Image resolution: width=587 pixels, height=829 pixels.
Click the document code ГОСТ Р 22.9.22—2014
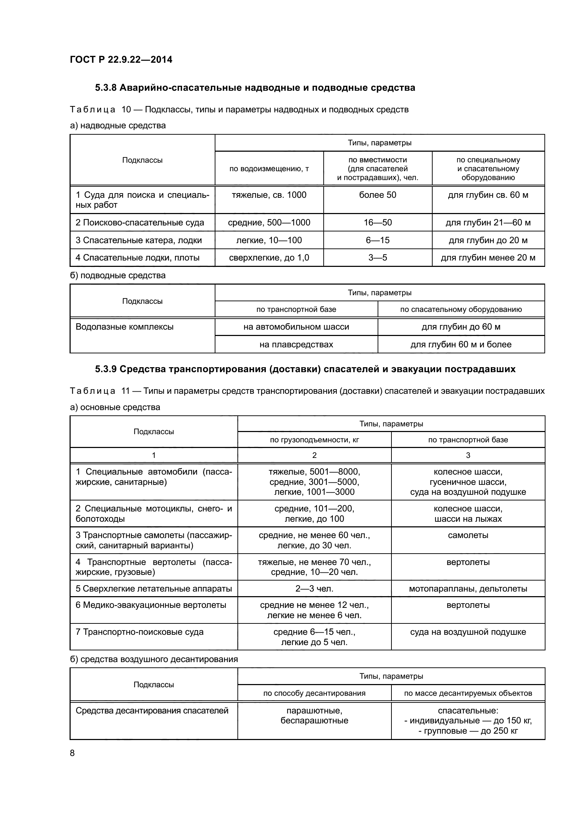tap(121, 60)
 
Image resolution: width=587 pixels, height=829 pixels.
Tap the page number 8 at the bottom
tap(72, 752)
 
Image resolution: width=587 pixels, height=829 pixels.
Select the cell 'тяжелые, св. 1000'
tap(269, 195)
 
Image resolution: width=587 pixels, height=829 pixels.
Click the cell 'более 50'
tap(377, 195)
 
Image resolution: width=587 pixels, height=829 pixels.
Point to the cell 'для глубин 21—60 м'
tap(488, 223)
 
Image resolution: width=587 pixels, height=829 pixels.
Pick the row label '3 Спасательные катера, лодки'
tap(138, 240)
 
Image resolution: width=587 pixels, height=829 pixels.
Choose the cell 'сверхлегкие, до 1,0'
tap(269, 258)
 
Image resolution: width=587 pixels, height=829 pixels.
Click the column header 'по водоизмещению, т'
tap(269, 169)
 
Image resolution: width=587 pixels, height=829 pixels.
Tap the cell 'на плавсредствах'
tap(296, 345)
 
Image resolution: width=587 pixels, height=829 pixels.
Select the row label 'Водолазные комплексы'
tap(124, 327)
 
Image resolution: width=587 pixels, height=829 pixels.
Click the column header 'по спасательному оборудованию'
tap(461, 309)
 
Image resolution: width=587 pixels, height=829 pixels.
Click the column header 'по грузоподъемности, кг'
tap(314, 440)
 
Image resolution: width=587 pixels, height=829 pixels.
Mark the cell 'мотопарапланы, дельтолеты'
tap(468, 589)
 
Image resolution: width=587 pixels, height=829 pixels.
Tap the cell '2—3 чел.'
tap(314, 589)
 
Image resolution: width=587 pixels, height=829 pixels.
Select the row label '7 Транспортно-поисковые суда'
tap(139, 632)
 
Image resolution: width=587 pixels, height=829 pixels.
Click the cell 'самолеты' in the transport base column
tap(468, 535)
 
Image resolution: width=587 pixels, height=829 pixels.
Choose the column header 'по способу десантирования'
tap(314, 693)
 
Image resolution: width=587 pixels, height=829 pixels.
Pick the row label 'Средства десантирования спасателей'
tap(152, 711)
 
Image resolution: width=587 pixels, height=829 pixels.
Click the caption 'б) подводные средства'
tap(117, 275)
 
